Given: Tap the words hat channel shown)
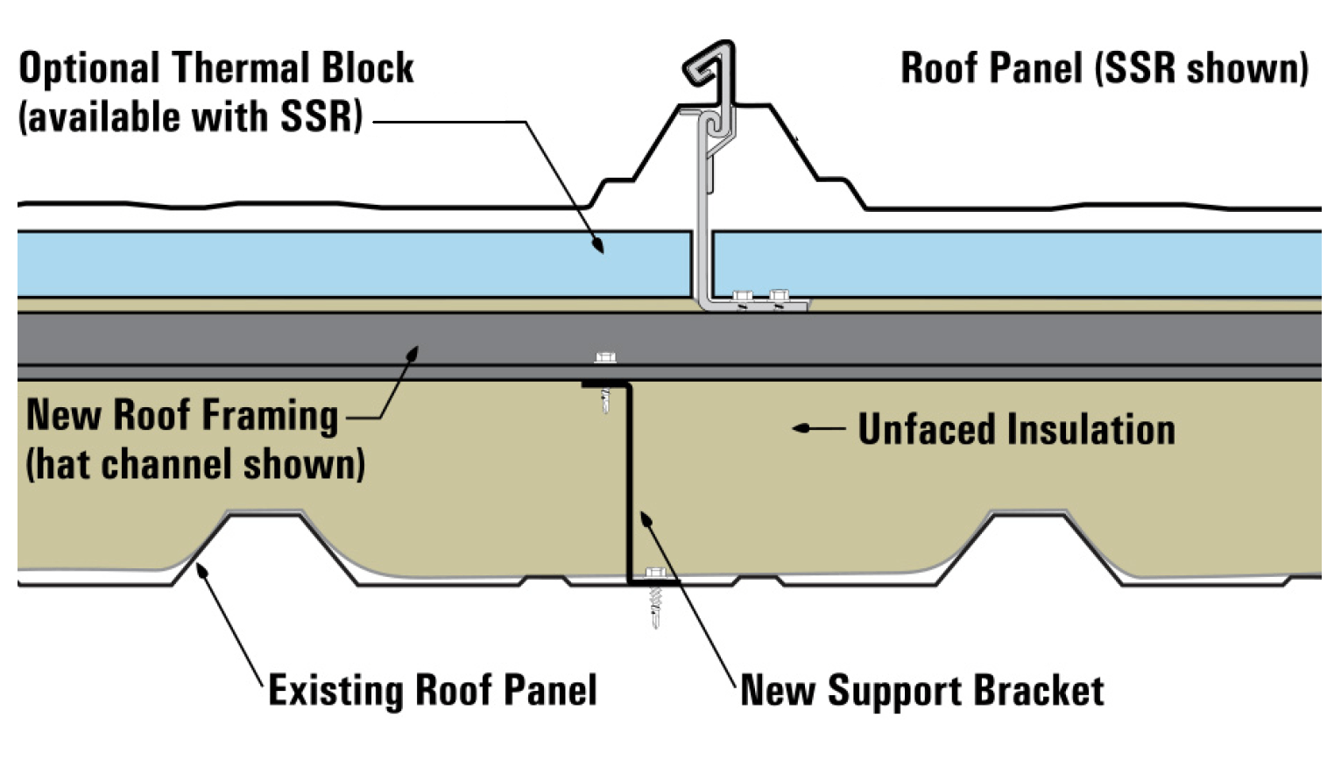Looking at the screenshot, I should pyautogui.click(x=195, y=464).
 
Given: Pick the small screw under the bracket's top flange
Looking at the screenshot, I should pyautogui.click(x=605, y=403).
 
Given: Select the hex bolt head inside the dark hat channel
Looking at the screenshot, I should pyautogui.click(x=604, y=357).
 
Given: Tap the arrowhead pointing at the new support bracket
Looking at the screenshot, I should pyautogui.click(x=646, y=519).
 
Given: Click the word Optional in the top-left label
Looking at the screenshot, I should pyautogui.click(x=89, y=69).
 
